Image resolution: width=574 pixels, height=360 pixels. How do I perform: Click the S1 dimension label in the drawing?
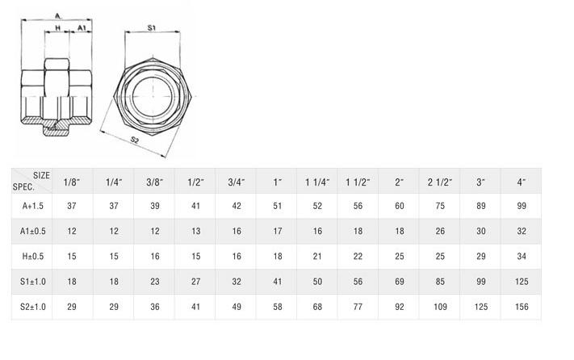[x=152, y=27]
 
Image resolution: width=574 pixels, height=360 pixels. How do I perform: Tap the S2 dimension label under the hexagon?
[x=135, y=140]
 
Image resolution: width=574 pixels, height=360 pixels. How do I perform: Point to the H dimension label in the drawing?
[x=57, y=27]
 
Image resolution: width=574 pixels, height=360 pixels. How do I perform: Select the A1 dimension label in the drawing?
[x=82, y=27]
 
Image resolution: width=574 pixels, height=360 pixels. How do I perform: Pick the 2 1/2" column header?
[x=440, y=182]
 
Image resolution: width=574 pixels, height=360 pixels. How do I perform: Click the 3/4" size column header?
[x=237, y=182]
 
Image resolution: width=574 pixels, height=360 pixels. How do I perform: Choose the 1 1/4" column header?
[x=317, y=182]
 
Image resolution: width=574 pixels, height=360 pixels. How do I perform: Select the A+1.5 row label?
[x=32, y=206]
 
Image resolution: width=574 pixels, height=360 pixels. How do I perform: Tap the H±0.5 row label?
[x=33, y=256]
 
